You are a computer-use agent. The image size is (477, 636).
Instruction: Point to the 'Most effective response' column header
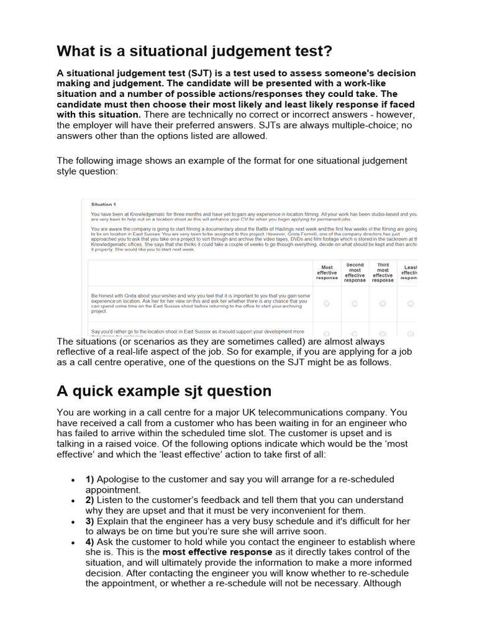point(327,273)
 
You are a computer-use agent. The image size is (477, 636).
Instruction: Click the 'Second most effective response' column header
point(355,273)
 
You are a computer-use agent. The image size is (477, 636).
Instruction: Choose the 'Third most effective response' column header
point(383,273)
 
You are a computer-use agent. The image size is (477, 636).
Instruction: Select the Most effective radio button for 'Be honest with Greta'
point(327,303)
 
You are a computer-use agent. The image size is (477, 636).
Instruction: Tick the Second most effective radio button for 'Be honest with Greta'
point(355,303)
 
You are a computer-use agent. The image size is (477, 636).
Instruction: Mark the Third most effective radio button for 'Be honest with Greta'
point(383,303)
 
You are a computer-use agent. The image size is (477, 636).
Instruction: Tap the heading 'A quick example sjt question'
point(164,391)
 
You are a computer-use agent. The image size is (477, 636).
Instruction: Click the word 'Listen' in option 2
point(111,500)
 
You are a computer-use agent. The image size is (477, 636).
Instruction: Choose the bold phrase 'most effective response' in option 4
point(217,552)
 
